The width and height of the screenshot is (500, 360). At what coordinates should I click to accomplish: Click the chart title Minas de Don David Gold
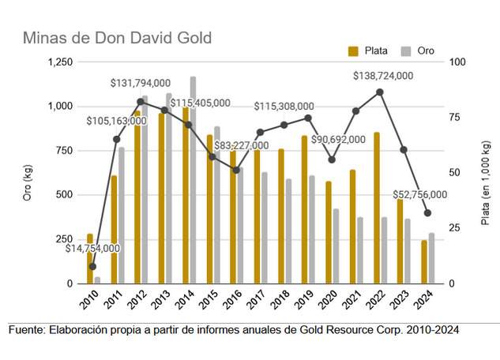point(117,38)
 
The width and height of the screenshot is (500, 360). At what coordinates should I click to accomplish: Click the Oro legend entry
point(419,51)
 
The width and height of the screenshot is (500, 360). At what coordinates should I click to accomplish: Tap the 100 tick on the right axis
point(456,62)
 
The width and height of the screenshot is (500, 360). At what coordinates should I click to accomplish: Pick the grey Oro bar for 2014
point(193,180)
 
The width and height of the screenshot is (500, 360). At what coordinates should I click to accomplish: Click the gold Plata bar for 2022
point(377,208)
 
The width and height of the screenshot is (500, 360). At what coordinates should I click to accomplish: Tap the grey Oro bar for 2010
point(97,279)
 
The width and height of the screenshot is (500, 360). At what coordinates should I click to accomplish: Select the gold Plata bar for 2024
point(423,261)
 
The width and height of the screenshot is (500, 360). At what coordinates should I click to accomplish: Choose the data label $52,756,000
point(419,194)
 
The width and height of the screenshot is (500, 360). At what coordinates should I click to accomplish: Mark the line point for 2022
point(380,92)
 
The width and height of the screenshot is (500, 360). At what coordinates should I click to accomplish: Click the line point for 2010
point(92,266)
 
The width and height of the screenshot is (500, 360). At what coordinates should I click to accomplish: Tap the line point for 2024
point(427,213)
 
